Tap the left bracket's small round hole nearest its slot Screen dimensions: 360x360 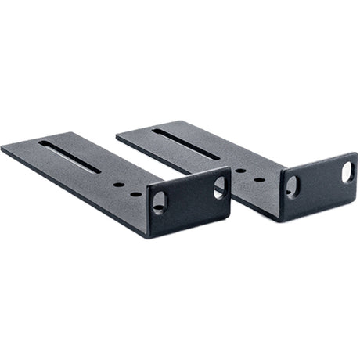118,185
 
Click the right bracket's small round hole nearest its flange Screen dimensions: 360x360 259,179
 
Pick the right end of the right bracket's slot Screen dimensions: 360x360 219,159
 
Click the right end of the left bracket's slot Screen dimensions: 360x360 99,171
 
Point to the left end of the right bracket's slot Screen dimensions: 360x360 153,130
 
